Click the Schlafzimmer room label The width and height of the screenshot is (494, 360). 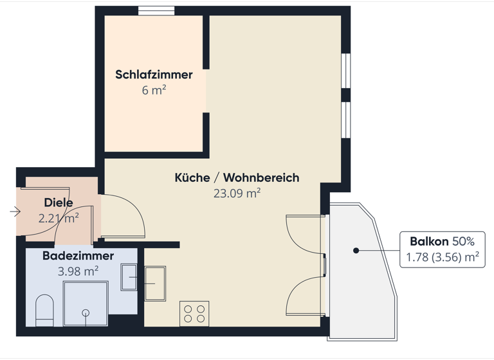coord(154,75)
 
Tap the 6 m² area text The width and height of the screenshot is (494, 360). coord(154,90)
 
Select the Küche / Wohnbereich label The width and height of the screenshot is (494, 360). coord(237,177)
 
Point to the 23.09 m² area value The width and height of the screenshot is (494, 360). coord(237,193)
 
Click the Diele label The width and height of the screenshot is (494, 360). coord(59,203)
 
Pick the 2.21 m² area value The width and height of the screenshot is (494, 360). coord(59,218)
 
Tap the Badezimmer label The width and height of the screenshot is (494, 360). coord(78,256)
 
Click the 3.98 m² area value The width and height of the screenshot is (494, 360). coord(78,271)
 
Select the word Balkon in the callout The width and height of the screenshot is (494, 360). coord(429,242)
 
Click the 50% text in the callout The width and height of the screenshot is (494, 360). coord(463,242)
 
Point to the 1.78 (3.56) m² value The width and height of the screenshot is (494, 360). coord(442,258)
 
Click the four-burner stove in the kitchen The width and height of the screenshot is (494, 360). coord(194,314)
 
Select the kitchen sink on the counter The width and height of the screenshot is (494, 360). coord(155,283)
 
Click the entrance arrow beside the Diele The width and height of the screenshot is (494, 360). coord(15,211)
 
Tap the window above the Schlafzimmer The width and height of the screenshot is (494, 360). coord(156,10)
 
